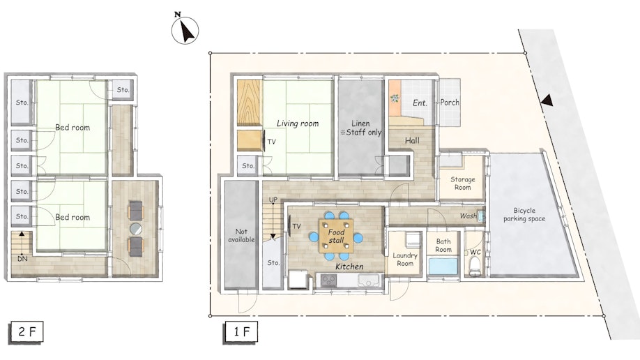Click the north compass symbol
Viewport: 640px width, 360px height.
185,30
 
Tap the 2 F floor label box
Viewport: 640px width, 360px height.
26,332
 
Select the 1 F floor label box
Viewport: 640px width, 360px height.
241,332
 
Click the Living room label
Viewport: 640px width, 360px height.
298,123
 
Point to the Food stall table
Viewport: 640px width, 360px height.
336,236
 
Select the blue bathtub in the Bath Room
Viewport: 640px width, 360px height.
443,266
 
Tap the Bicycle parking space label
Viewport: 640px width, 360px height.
524,214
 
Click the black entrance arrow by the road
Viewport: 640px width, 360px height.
547,100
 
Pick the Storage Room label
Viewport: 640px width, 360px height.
462,183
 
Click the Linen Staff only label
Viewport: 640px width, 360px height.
361,128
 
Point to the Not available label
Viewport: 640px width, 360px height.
241,235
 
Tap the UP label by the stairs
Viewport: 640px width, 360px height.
273,200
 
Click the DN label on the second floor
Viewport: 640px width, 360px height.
22,259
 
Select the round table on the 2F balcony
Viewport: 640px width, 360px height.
136,229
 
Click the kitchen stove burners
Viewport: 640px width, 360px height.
328,280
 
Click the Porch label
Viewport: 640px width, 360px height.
450,102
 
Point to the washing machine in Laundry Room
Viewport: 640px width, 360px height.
413,239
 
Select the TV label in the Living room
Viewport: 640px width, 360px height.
271,142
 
